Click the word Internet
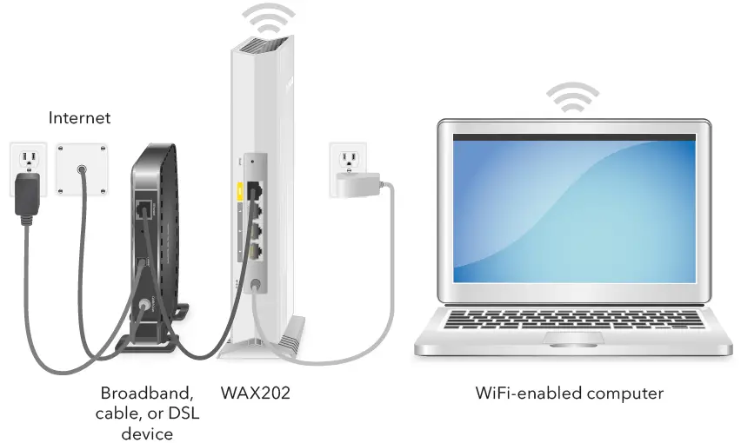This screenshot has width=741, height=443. coord(79,117)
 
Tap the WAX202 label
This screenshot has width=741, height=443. coord(255,393)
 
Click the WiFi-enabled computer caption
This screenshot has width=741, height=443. coord(569,393)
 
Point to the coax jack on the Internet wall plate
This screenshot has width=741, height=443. coord(82,170)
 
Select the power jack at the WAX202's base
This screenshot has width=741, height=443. coord(254,282)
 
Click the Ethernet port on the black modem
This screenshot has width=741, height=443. coord(143,209)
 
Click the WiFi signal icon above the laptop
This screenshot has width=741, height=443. coord(571,97)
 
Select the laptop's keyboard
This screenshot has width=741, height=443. coord(574,317)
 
